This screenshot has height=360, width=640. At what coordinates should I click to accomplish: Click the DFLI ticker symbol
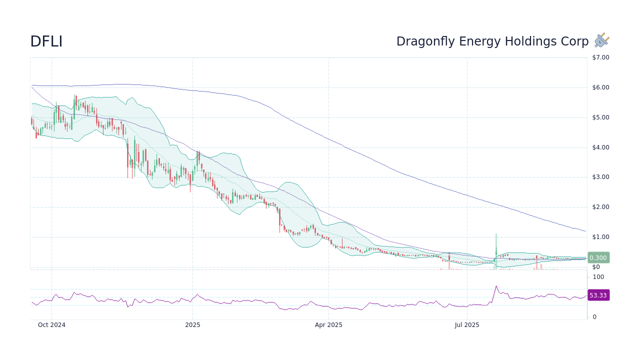point(46,42)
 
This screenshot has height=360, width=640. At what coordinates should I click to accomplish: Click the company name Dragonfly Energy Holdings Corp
point(492,41)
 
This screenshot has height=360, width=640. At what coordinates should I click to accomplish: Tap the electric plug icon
point(601,40)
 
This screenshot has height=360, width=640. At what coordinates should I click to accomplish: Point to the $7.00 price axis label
point(600,57)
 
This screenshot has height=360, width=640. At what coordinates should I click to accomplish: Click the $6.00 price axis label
point(600,87)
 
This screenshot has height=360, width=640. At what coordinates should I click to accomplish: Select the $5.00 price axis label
point(600,117)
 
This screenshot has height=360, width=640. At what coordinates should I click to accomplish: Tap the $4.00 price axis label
point(600,147)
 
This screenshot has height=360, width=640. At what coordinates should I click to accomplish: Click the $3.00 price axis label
point(600,177)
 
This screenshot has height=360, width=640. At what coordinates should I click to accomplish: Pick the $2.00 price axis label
point(600,207)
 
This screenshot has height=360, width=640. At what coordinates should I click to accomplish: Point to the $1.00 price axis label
point(600,237)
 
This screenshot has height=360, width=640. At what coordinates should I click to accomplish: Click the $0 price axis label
point(596,267)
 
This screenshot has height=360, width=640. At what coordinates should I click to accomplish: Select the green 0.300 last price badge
point(598,258)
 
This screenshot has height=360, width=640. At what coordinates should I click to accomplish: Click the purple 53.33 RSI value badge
point(598,295)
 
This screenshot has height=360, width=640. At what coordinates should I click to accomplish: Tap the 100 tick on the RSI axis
point(598,277)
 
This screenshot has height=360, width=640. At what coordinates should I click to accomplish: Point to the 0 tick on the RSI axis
point(594,317)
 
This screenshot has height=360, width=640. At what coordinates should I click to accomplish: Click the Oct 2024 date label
point(51,325)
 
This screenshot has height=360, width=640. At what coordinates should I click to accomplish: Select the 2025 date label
point(192,325)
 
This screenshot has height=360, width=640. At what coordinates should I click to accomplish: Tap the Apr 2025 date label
point(328,325)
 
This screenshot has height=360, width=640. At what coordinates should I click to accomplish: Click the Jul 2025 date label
point(467,325)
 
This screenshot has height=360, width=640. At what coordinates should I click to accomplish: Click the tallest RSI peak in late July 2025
point(496,286)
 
